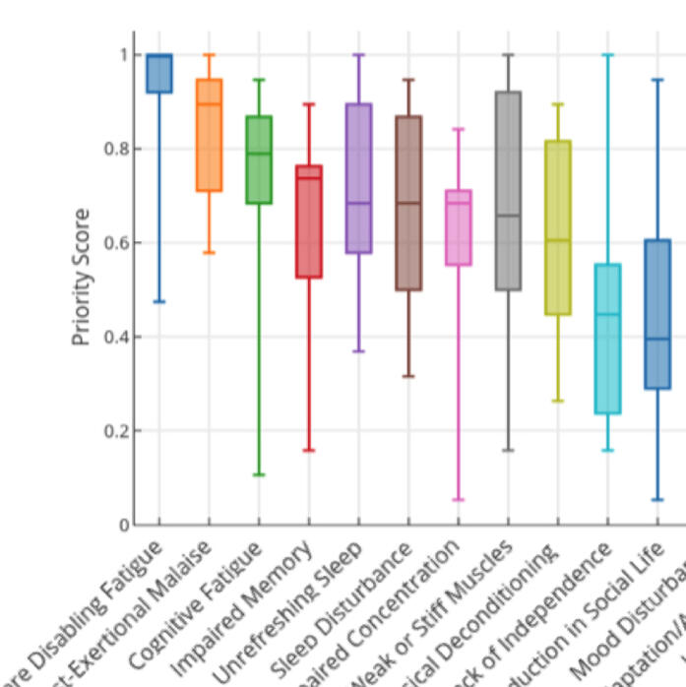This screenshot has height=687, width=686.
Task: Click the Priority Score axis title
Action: [x=83, y=277]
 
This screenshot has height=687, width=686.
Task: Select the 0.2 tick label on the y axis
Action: [x=117, y=431]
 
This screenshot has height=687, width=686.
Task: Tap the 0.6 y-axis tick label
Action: [x=117, y=243]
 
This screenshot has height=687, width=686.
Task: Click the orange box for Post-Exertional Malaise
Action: [x=209, y=135]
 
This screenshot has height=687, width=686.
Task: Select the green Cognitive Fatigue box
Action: [x=258, y=159]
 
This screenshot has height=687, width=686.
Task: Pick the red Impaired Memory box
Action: [x=309, y=221]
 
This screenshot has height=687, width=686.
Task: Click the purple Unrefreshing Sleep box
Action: [x=358, y=178]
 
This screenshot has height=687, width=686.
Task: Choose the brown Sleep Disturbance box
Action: [x=408, y=203]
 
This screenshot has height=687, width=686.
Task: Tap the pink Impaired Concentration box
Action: [x=458, y=227]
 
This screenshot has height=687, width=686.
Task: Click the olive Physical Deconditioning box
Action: [x=557, y=227]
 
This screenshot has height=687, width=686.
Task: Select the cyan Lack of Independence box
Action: [x=607, y=339]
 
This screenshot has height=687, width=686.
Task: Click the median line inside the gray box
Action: [x=508, y=216]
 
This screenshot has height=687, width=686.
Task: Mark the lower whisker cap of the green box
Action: [x=258, y=474]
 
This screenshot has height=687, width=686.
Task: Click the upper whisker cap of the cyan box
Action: [x=607, y=55]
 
